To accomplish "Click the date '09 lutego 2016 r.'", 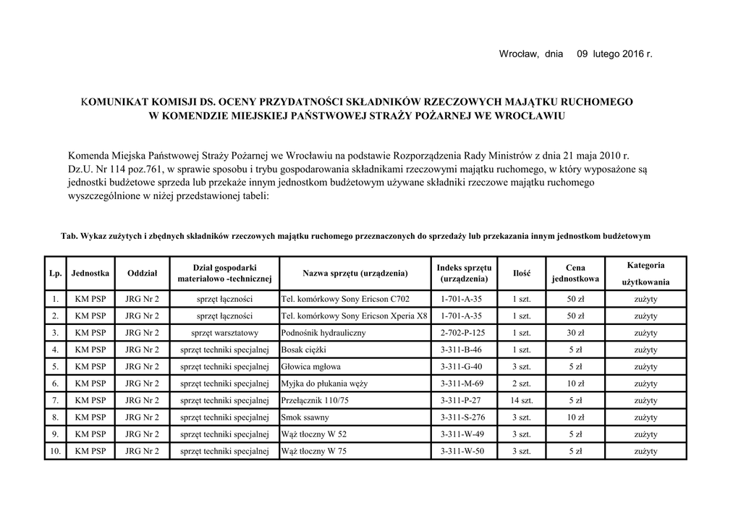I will click(x=614, y=54).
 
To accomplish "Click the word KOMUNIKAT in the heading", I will click(x=117, y=102).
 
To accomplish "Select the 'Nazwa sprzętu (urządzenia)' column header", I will click(x=355, y=273).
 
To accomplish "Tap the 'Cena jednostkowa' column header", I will click(x=575, y=273).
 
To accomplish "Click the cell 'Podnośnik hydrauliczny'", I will click(x=323, y=333).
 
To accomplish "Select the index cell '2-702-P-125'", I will click(x=463, y=333).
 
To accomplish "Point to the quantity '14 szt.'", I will click(x=522, y=400).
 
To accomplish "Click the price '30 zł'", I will click(x=576, y=333).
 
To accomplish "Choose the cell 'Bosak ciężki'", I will click(x=304, y=350).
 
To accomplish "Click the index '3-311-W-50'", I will click(x=463, y=451).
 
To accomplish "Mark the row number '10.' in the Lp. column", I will click(x=55, y=451).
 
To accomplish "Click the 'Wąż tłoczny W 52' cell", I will click(x=313, y=434).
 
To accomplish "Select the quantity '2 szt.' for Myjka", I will click(x=522, y=384).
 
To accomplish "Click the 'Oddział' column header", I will click(x=142, y=273).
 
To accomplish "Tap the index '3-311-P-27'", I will click(x=463, y=400).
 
